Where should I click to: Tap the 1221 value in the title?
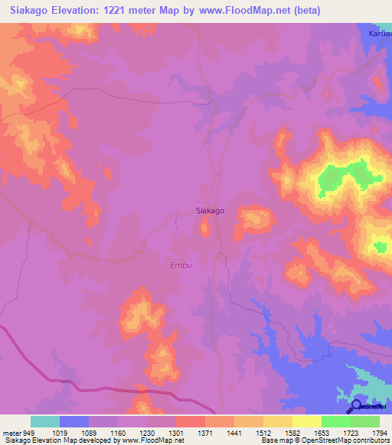pos(126,11)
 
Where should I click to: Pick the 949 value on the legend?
pos(29,432)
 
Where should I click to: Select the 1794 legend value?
pos(379,432)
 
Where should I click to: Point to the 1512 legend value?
pos(263,432)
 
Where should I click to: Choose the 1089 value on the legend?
pos(88,432)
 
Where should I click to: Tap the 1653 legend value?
pos(321,432)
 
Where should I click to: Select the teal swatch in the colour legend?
pos(44,421)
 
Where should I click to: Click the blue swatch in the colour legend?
pos(73,421)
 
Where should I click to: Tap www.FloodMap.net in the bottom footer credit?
pos(152,440)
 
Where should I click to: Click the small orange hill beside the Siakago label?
pos(205,226)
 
